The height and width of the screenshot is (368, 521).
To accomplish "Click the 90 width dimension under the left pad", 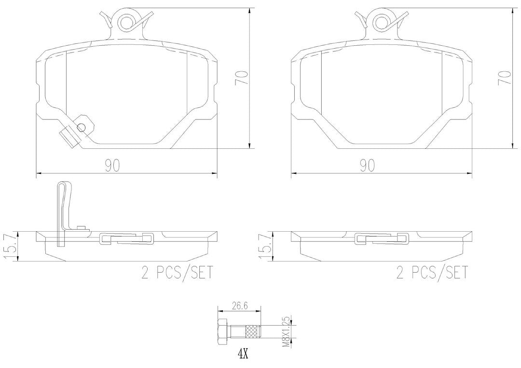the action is click(x=112, y=165).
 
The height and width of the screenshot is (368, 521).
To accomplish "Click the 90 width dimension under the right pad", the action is click(x=367, y=165).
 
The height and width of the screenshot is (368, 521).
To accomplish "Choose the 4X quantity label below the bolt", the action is click(x=243, y=355).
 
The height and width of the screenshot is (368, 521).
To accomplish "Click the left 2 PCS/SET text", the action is click(x=177, y=273).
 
